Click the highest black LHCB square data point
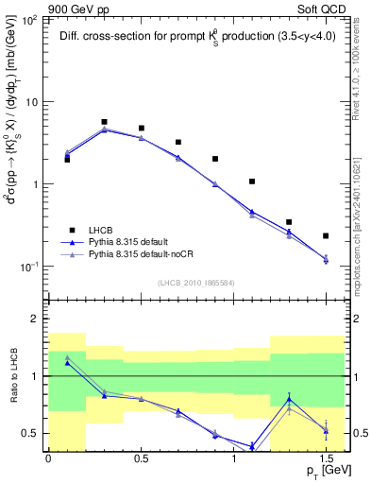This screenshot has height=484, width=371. tap(104, 122)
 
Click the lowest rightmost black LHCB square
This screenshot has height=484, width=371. tap(326, 235)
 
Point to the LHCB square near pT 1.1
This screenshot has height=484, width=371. tap(252, 181)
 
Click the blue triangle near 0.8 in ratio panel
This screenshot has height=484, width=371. tap(289, 399)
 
